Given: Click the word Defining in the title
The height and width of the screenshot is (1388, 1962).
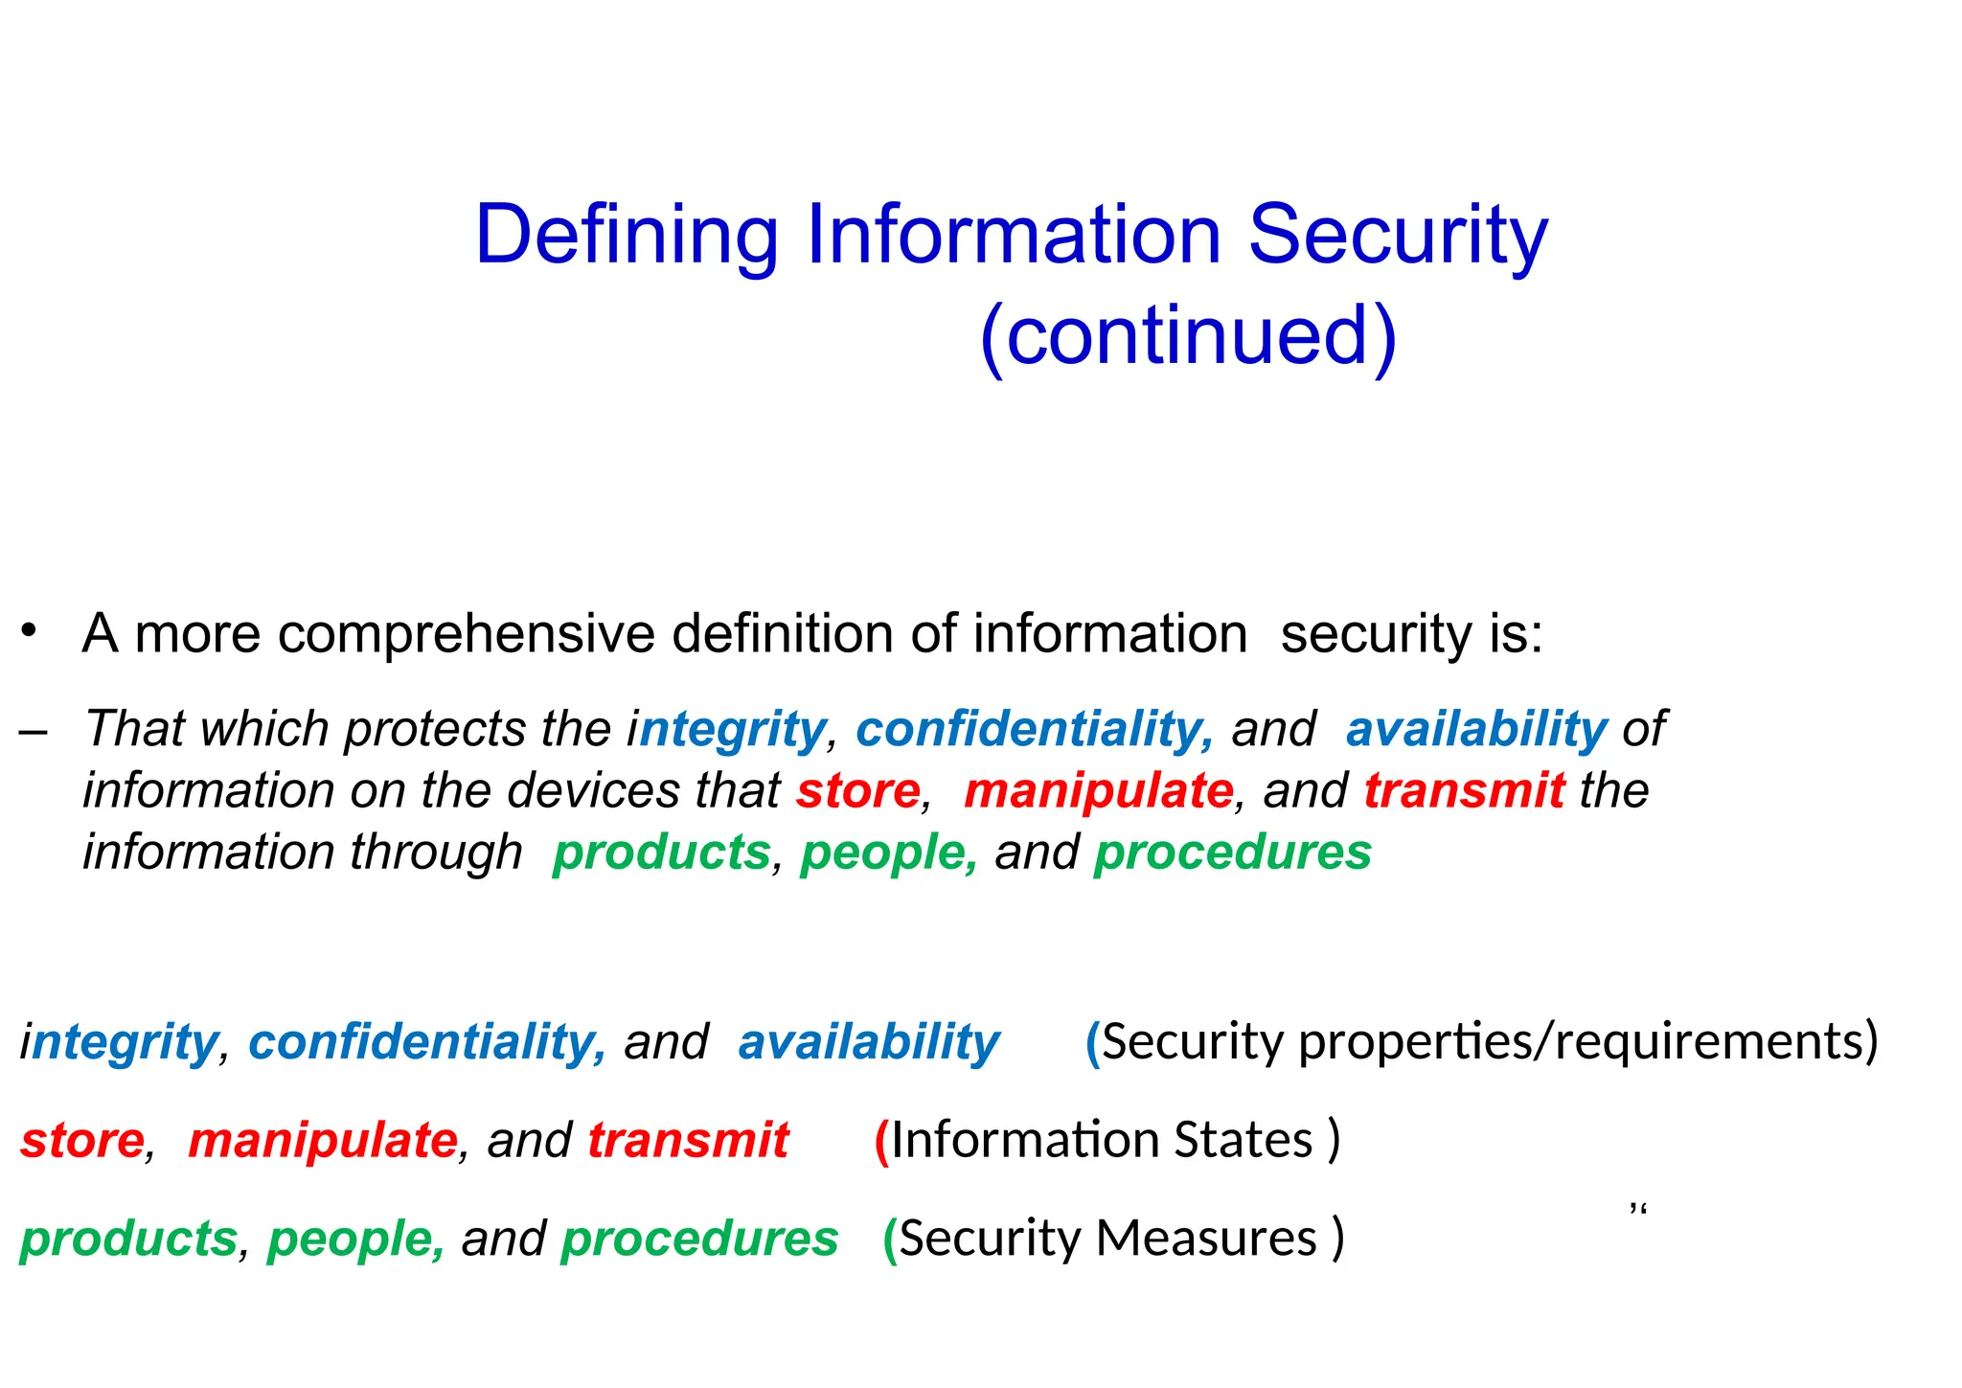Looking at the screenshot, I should tap(627, 235).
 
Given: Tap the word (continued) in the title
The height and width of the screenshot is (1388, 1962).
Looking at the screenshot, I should tap(1188, 335).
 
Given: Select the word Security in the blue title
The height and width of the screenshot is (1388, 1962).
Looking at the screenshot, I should tap(1398, 235).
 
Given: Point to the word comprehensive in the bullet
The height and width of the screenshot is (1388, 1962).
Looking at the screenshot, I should tap(466, 634).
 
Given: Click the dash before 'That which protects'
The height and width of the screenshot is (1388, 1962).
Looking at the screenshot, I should tap(33, 730).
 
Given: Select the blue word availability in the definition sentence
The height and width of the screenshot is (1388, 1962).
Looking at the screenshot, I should tap(1475, 729).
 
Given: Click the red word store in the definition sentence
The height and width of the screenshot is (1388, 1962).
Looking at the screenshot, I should tap(857, 791).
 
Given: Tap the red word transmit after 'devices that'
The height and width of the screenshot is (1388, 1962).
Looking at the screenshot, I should tap(1464, 791).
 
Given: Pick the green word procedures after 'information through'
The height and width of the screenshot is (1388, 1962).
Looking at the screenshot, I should tap(1232, 853).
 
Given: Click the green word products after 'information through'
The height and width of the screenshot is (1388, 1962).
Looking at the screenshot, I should tap(661, 853).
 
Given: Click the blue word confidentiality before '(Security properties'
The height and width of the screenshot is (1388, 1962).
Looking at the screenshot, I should tap(426, 1042).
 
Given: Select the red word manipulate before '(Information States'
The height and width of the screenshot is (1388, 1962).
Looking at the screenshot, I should tap(322, 1141).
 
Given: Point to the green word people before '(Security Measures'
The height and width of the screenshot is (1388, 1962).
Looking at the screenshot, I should tap(354, 1240).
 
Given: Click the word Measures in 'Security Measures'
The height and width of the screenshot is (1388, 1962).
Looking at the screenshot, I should tap(1205, 1240).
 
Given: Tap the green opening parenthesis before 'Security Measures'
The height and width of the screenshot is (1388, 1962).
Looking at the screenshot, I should tap(890, 1240).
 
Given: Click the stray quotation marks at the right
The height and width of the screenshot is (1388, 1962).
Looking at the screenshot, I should tap(1637, 1211).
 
